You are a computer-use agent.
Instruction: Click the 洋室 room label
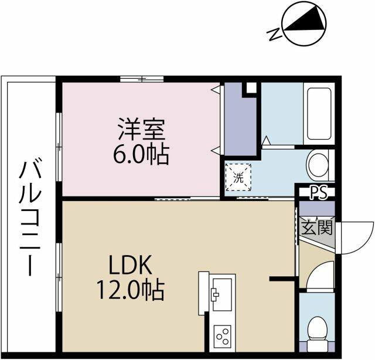[x=142, y=129]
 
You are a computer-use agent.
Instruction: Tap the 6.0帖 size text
[x=141, y=154]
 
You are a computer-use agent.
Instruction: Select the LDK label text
[x=130, y=265]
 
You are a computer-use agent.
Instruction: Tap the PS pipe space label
[x=319, y=192]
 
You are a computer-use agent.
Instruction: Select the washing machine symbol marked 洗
[x=238, y=178]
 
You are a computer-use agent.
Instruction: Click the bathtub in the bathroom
[x=319, y=114]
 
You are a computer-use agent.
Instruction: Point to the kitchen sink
[x=222, y=294]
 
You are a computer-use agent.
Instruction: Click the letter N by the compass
[x=275, y=34]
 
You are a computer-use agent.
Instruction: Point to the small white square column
[x=251, y=88]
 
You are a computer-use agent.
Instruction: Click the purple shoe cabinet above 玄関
[x=317, y=209]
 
